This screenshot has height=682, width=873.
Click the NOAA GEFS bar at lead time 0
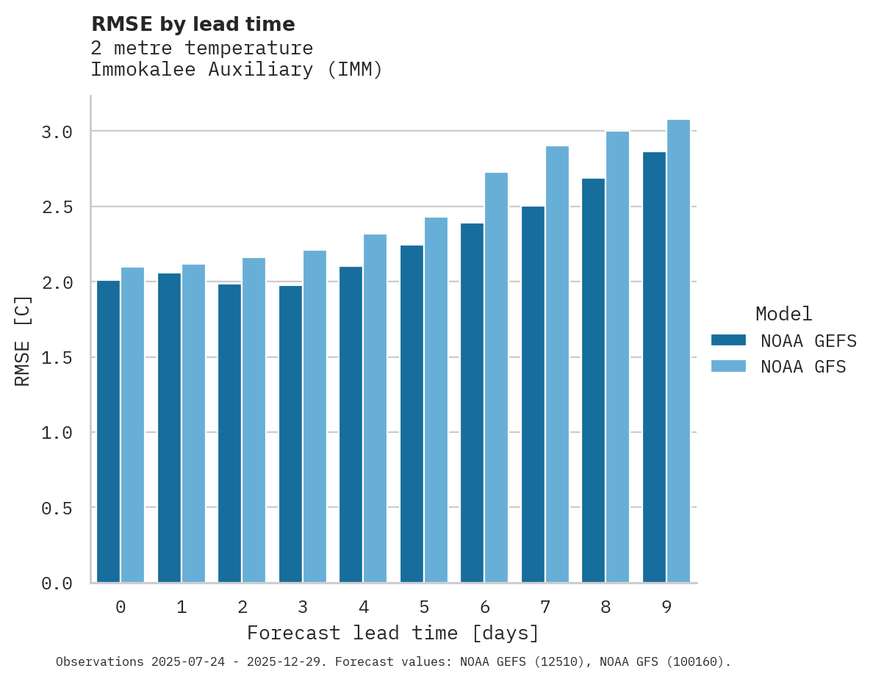point(108,431)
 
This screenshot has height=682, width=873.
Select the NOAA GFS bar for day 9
point(678,351)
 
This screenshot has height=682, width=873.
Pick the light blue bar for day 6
point(496,378)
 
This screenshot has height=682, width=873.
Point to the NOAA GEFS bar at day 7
point(533,395)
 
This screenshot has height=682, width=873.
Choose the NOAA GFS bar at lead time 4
point(375,409)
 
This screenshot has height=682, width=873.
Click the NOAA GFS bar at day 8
point(617,357)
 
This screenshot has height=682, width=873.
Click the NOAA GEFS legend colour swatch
point(728,340)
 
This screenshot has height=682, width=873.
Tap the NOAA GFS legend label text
point(803,367)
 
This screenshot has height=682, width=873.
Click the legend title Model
point(783,314)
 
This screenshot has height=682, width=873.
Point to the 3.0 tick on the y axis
point(57,132)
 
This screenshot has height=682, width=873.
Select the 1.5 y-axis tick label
point(57,358)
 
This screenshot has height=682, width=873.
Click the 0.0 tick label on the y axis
point(57,584)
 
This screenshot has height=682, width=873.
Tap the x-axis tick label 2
point(242,607)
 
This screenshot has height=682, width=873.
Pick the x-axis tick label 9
point(666,607)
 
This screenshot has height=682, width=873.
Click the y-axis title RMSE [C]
point(23,340)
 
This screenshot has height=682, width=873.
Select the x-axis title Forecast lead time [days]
point(393,633)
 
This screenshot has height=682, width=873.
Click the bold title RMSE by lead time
point(193,24)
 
